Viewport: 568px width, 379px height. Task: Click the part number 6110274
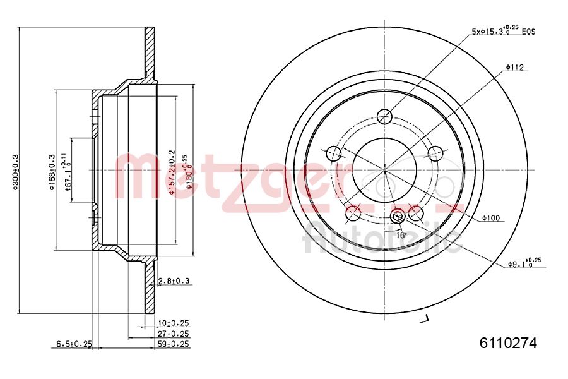(508, 343)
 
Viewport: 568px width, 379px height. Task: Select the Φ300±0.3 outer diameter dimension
(16, 171)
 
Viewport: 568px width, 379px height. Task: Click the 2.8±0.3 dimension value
(174, 280)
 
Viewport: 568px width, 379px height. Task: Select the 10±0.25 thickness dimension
(174, 323)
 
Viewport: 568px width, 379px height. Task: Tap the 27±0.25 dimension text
(174, 334)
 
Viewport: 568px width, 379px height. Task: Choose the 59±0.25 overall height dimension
(174, 344)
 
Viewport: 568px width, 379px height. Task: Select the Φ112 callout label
(515, 67)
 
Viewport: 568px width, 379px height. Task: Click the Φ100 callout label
(490, 218)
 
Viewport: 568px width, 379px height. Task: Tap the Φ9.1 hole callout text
(524, 263)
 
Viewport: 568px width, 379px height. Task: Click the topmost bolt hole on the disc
(384, 116)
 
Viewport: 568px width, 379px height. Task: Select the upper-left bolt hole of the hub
(333, 153)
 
